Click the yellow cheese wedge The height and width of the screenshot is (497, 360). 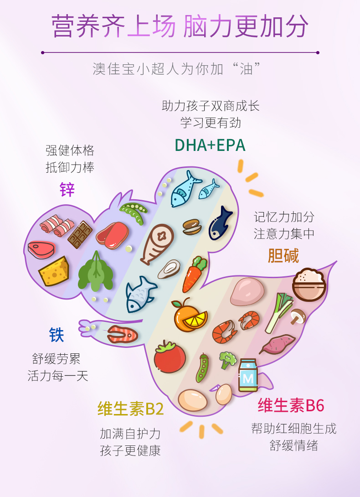(54, 271)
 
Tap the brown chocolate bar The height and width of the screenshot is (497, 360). (80, 234)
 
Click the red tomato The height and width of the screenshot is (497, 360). (170, 356)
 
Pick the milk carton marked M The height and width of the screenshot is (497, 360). (248, 375)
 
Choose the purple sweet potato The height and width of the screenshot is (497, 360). (278, 344)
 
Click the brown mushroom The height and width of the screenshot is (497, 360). (298, 316)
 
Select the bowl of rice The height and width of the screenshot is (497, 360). (309, 285)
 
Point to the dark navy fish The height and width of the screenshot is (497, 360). (221, 223)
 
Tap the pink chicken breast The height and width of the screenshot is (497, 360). (247, 291)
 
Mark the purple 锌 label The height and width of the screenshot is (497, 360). (67, 189)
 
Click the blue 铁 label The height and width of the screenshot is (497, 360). (57, 335)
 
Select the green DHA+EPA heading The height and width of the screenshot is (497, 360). (210, 145)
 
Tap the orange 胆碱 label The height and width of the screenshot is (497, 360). (283, 256)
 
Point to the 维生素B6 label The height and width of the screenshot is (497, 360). (291, 405)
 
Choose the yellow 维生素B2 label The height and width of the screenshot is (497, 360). (130, 409)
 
